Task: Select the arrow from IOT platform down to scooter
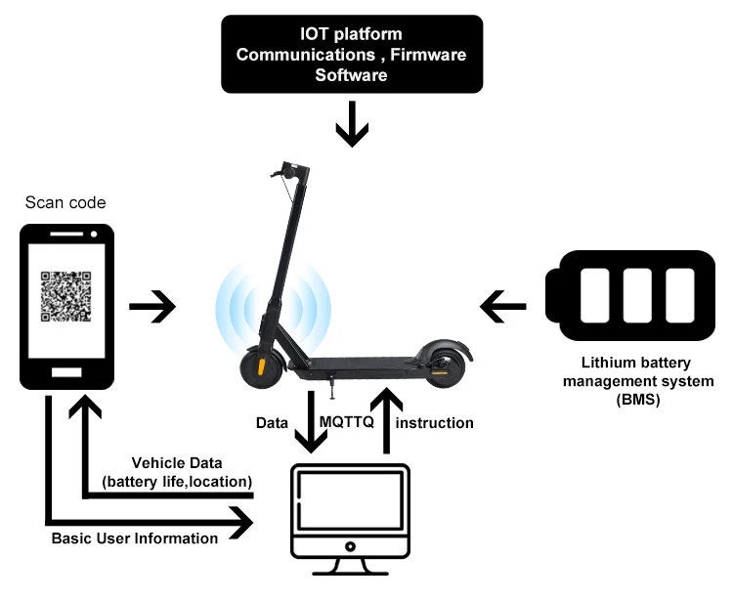pyautogui.click(x=351, y=126)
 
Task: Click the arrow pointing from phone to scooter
pyautogui.click(x=153, y=308)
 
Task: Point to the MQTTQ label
pyautogui.click(x=348, y=423)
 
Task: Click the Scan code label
pyautogui.click(x=65, y=203)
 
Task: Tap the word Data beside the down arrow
pyautogui.click(x=272, y=423)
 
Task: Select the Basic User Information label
pyautogui.click(x=135, y=538)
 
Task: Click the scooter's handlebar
pyautogui.click(x=290, y=167)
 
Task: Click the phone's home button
pyautogui.click(x=66, y=374)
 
